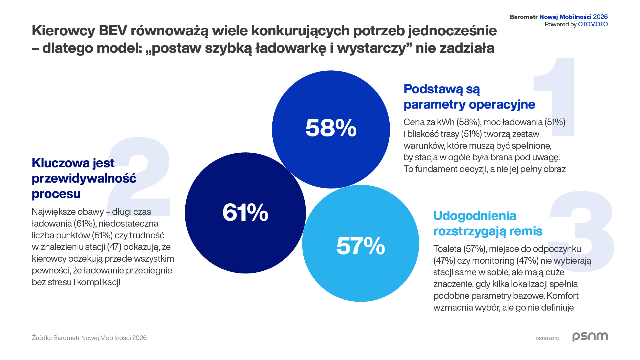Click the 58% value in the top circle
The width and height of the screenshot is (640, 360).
pyautogui.click(x=331, y=128)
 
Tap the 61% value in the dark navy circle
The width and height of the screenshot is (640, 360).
pyautogui.click(x=245, y=212)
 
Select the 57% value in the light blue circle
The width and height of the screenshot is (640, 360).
pyautogui.click(x=360, y=246)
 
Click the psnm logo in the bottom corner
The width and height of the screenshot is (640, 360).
pyautogui.click(x=590, y=337)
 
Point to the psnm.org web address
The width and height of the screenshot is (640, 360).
pyautogui.click(x=547, y=338)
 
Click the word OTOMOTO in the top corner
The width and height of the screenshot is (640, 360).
pyautogui.click(x=593, y=24)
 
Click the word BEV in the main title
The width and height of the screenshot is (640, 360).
pyautogui.click(x=113, y=31)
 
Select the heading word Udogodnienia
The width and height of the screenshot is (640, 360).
pyautogui.click(x=475, y=216)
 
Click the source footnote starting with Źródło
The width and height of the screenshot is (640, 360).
pyautogui.click(x=89, y=338)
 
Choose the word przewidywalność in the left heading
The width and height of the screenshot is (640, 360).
pyautogui.click(x=84, y=178)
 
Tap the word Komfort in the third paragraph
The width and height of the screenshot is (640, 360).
pyautogui.click(x=562, y=296)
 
